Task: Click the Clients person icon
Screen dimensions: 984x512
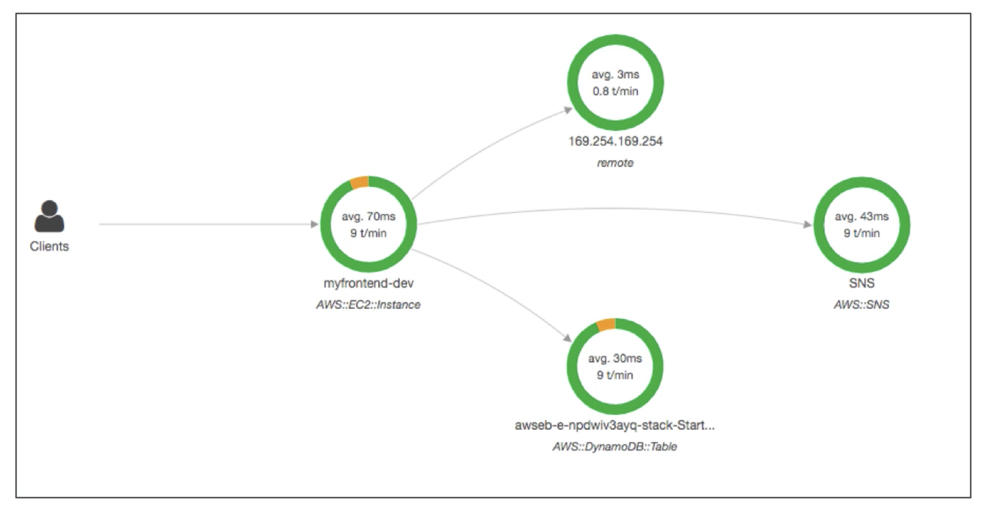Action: pos(49,216)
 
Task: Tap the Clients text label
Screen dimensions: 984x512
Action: pos(49,246)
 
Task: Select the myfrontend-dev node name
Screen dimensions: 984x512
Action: pos(368,283)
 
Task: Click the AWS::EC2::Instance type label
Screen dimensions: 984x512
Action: pos(368,305)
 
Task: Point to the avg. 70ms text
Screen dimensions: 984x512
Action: pos(368,216)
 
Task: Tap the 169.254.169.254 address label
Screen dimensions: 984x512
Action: pos(615,141)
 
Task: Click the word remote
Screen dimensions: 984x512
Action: pos(615,163)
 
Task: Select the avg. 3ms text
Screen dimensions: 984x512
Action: pos(615,75)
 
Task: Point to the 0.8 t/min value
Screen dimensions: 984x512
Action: pos(615,91)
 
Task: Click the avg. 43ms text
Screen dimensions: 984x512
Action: pos(861,216)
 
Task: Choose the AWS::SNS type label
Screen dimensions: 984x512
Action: pos(861,305)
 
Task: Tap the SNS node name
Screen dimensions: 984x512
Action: pos(861,283)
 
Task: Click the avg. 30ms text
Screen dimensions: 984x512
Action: pos(615,358)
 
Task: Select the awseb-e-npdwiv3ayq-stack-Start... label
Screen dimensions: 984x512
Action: pos(615,425)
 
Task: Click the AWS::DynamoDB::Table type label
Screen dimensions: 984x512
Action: pos(615,447)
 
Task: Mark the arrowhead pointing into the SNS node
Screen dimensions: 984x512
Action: pos(808,225)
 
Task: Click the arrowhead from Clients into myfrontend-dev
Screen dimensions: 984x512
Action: pos(315,225)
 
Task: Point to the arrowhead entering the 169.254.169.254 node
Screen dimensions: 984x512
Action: pos(569,110)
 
